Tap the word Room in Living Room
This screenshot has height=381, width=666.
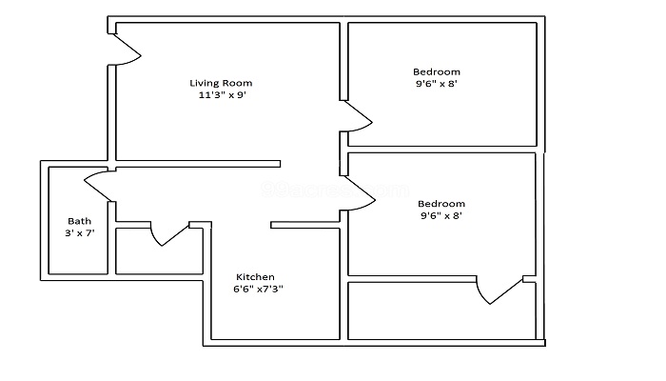239,83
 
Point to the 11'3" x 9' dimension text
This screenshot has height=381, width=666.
224,95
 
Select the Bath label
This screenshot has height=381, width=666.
78,220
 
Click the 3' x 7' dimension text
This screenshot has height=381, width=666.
80,233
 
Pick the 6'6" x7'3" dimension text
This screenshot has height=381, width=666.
258,289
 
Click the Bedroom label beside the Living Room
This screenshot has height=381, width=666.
437,71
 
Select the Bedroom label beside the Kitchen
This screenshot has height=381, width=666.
441,203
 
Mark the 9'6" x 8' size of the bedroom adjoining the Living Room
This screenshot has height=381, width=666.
437,84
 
